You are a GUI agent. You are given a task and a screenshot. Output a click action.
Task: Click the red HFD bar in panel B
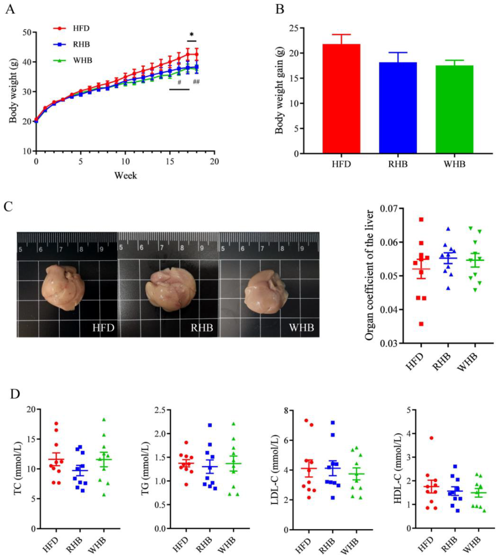(x=341, y=98)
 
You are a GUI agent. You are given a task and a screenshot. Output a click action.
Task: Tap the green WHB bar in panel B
(x=454, y=109)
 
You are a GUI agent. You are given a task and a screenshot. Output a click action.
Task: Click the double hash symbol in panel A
(x=196, y=81)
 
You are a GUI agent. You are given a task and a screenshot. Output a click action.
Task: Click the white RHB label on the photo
(x=202, y=328)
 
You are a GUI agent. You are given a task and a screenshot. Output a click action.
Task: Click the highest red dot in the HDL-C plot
(x=431, y=438)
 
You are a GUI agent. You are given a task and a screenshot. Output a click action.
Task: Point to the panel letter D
(x=15, y=394)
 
